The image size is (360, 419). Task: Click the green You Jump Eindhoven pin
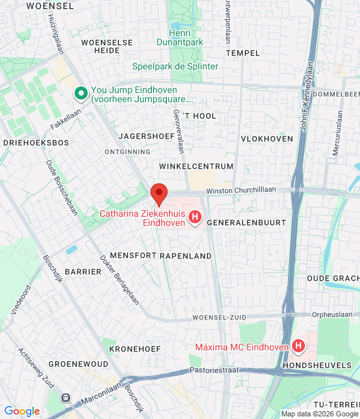(81, 94)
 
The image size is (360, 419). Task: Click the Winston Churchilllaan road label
(241, 191)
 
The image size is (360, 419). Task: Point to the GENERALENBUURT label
(246, 223)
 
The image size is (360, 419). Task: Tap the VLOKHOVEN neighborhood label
(267, 139)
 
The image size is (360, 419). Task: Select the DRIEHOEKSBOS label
(36, 142)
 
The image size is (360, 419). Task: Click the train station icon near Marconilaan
(65, 397)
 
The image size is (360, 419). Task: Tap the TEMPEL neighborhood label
(242, 52)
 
